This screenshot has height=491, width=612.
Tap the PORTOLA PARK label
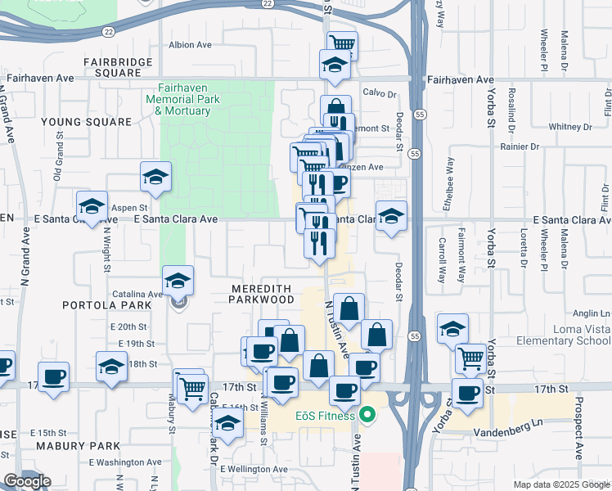107,304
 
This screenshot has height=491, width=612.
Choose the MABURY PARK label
78,446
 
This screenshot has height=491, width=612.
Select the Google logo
28,481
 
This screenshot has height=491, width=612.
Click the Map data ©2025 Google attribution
561,484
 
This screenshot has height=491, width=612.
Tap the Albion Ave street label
191,45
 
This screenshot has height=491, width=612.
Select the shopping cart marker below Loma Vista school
470,358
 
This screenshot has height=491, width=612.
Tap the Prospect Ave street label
578,427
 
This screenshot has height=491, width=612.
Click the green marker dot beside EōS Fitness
367,416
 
